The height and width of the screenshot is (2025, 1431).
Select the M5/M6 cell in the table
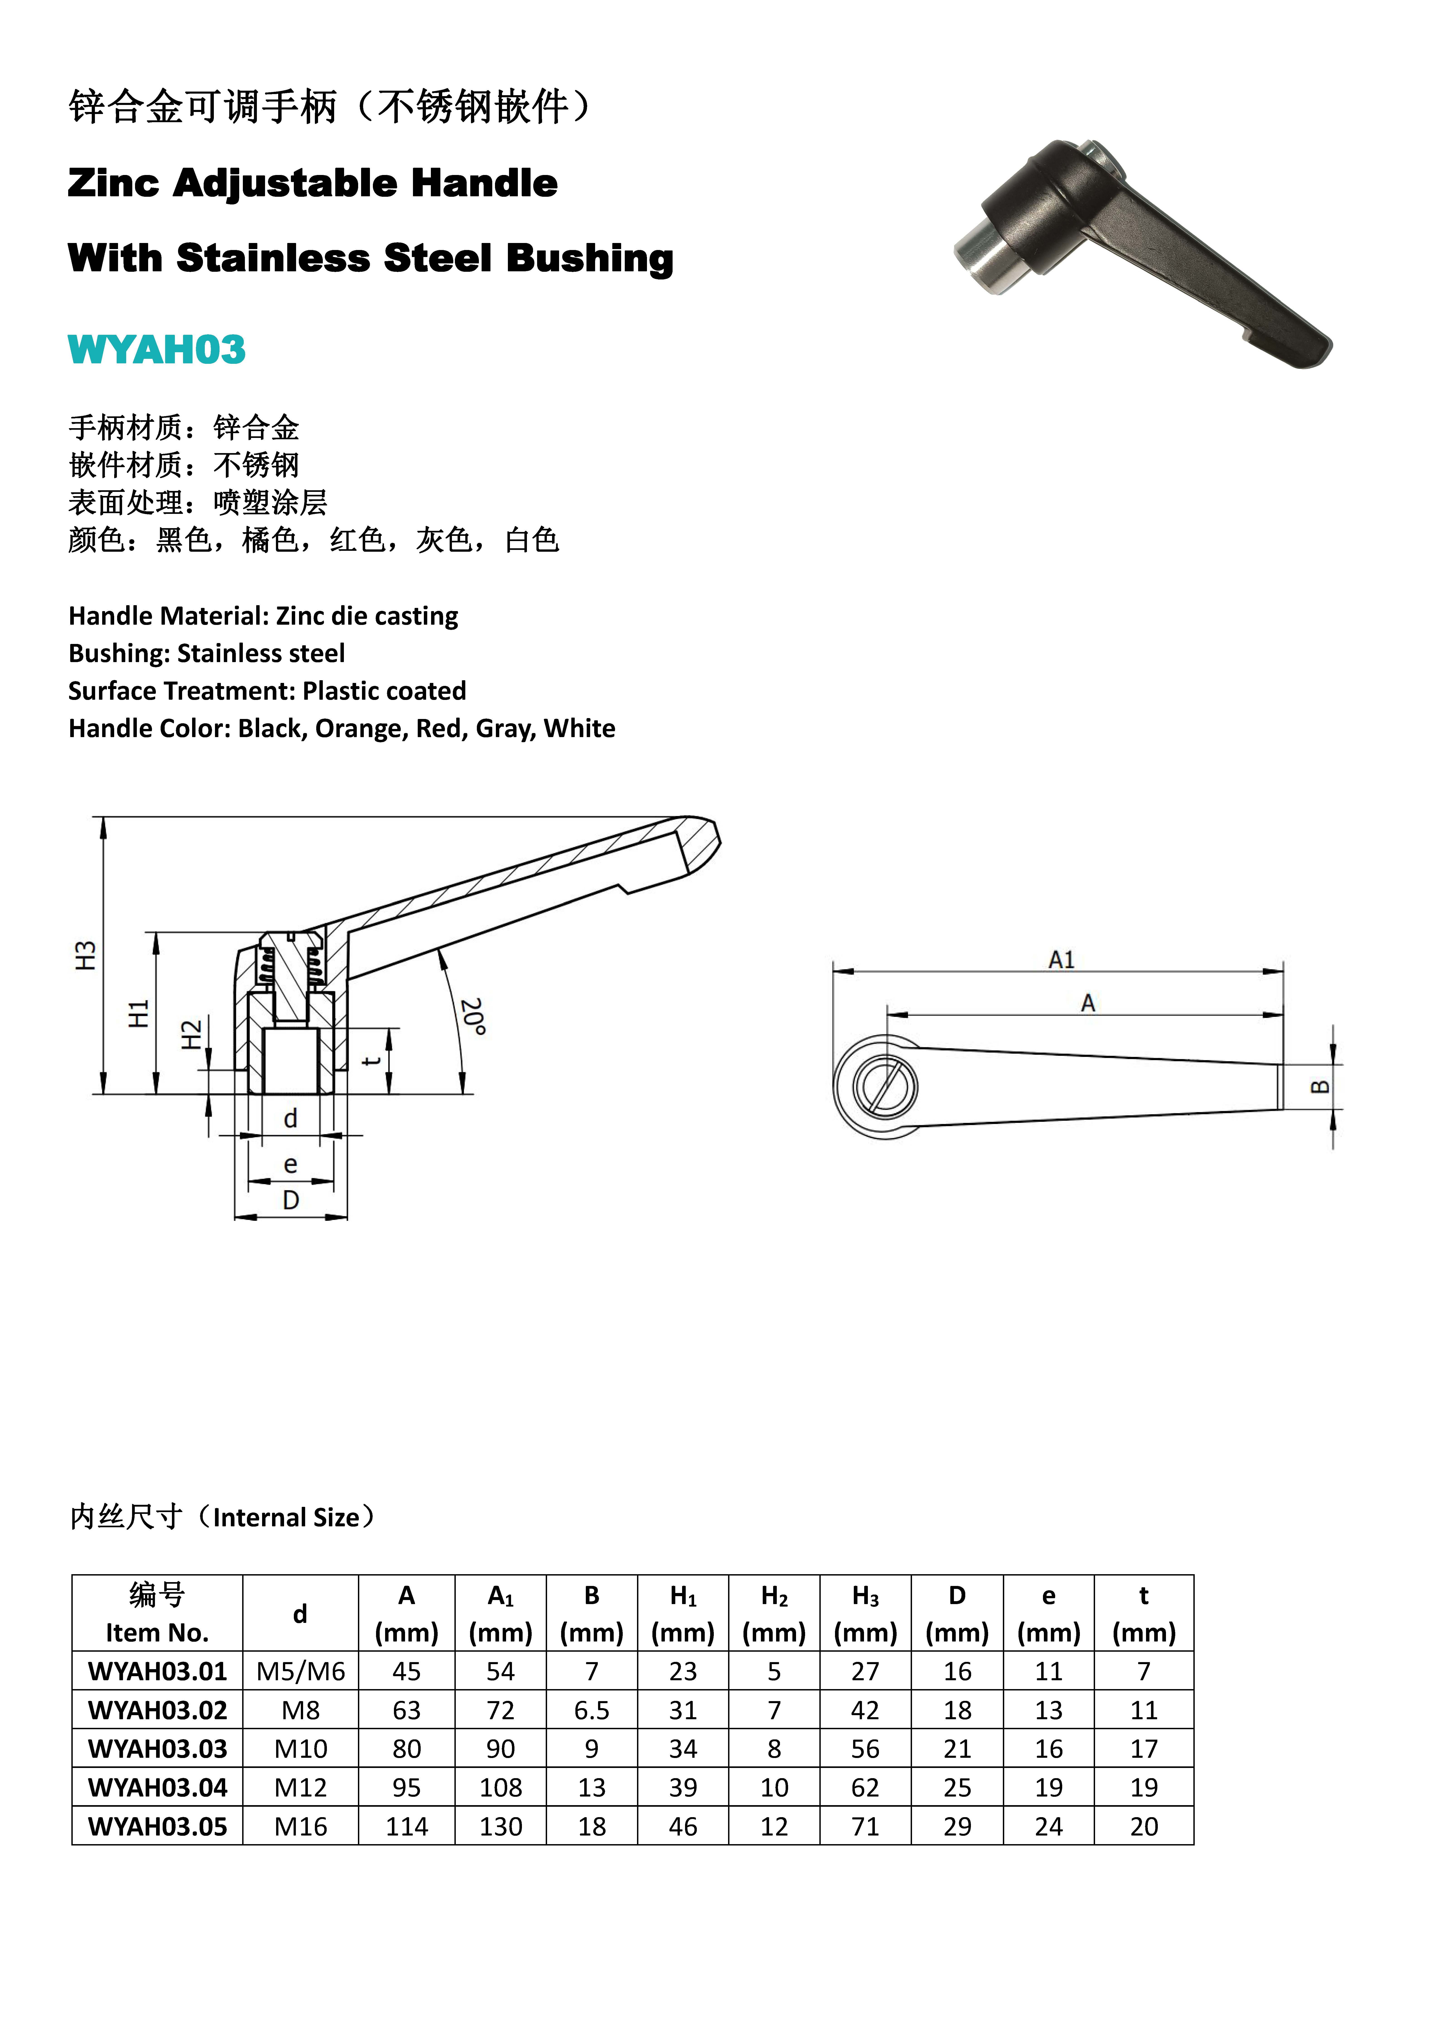pyautogui.click(x=301, y=1671)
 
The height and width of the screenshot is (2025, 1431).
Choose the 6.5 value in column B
pyautogui.click(x=592, y=1710)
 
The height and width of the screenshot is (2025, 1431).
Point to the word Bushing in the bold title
pyautogui.click(x=589, y=258)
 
